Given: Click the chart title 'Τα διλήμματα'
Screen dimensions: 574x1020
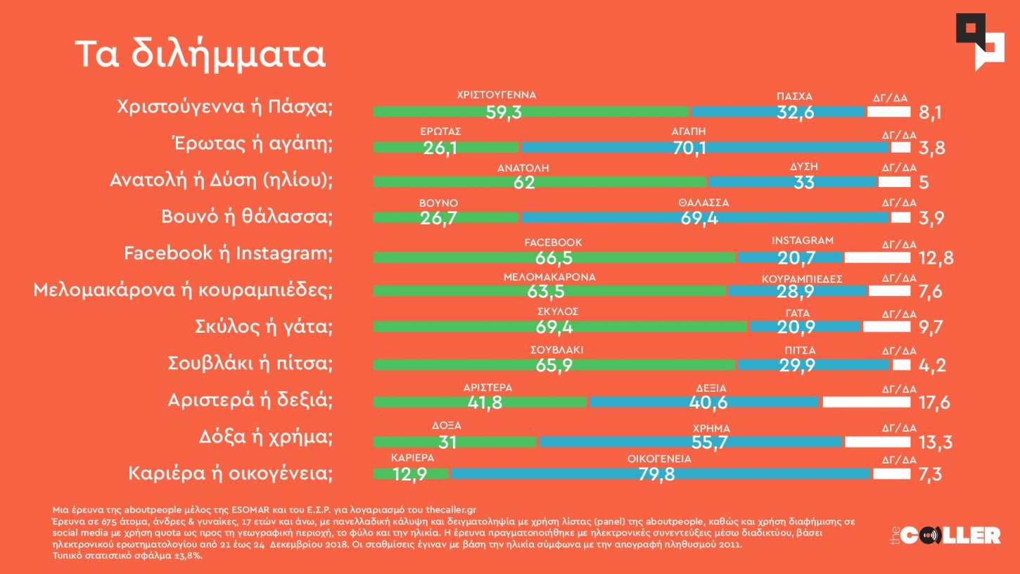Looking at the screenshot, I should point(200,55).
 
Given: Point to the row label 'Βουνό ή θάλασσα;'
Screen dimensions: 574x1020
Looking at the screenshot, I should point(246,217).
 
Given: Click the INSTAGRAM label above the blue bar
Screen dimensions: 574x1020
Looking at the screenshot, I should point(802,241).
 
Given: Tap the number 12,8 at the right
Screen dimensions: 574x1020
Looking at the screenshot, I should point(936,257).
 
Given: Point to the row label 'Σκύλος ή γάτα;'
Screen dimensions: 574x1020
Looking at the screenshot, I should point(263,327).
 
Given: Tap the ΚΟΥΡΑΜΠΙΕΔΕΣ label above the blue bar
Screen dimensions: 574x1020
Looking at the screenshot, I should point(802,278).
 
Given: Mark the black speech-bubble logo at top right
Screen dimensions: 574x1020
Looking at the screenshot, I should point(979,40).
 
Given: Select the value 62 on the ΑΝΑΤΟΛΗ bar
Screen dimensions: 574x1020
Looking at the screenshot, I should point(524,182).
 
